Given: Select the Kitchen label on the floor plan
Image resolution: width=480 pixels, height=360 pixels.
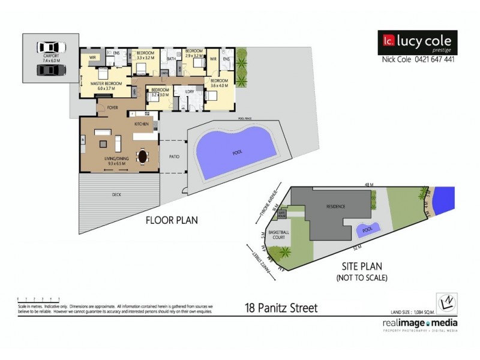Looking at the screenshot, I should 141,124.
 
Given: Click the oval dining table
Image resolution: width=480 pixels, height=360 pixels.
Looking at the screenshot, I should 143,156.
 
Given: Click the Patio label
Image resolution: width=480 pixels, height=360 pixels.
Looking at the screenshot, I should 174,157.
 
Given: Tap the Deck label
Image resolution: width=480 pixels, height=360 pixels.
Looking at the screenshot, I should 116,195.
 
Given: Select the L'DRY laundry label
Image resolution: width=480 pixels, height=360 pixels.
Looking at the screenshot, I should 189,91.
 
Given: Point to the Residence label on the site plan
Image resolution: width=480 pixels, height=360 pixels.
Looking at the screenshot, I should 336,207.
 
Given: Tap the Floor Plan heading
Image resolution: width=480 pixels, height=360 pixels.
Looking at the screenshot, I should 172,220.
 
